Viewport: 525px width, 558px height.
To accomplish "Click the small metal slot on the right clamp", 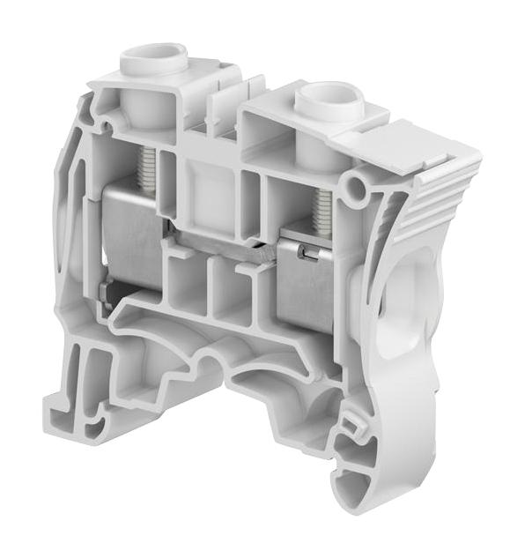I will pyautogui.click(x=304, y=254).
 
